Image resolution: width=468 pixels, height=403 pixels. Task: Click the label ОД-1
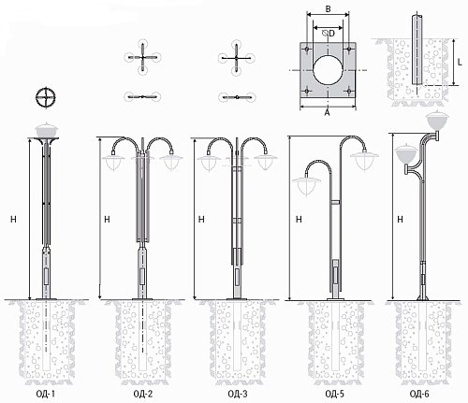tap(46, 394)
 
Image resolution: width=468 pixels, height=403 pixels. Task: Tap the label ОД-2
tap(143, 394)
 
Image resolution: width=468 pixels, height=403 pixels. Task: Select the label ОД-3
tap(238, 394)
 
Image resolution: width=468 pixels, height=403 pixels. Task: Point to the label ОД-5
tap(334, 394)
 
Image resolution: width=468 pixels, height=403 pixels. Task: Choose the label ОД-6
tap(419, 394)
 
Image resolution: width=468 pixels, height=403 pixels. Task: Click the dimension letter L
tap(460, 62)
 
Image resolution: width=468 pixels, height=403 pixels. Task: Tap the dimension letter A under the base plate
tap(327, 112)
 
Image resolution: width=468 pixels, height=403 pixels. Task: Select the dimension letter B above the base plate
tap(328, 8)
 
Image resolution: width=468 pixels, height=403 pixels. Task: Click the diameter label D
tap(331, 33)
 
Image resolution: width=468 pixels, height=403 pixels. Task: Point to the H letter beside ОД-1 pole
tap(13, 220)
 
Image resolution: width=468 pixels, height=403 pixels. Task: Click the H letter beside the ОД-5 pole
tap(299, 220)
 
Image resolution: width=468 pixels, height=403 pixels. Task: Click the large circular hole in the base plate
tap(328, 70)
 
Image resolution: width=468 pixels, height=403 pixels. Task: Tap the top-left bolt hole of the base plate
tap(307, 49)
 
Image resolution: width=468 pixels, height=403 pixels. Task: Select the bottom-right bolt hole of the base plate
tap(349, 91)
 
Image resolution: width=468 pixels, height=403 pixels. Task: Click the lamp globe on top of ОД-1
tap(47, 130)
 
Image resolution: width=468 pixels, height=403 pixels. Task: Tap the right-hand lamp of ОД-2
tap(171, 161)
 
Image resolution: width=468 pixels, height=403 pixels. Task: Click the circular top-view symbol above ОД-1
tap(46, 97)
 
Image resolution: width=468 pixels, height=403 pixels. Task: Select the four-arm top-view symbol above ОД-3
tap(237, 58)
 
